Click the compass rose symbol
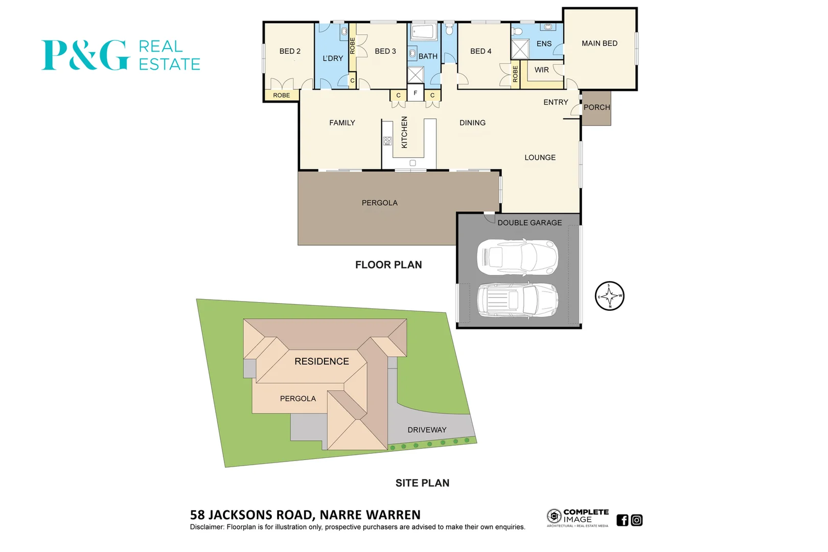click(609, 296)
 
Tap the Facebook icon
click(622, 520)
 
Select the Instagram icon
click(636, 520)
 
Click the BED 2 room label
click(290, 51)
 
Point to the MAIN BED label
click(600, 43)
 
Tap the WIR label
click(541, 70)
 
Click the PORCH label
click(596, 107)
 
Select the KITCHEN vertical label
click(404, 132)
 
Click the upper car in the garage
click(517, 257)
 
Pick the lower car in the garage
click(517, 300)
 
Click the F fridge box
click(416, 93)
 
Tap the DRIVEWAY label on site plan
click(427, 430)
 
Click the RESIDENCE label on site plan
click(321, 361)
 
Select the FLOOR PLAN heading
click(388, 265)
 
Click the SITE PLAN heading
click(422, 483)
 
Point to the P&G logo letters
click(85, 55)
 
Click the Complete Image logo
click(578, 518)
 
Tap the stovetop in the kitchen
click(387, 141)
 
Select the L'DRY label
click(333, 58)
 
